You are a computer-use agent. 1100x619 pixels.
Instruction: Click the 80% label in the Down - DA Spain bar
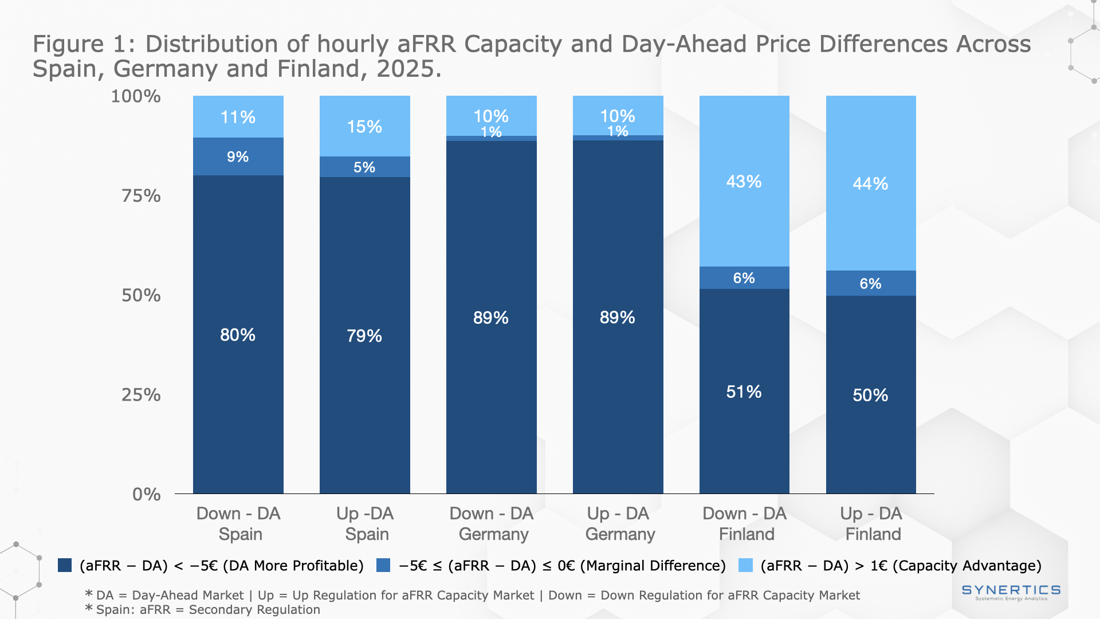[x=238, y=335]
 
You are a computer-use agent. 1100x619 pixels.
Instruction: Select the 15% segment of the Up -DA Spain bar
[x=364, y=127]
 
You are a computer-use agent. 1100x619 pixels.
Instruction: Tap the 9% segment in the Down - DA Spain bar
[x=238, y=156]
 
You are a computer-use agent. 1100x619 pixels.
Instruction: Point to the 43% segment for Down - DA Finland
[x=744, y=182]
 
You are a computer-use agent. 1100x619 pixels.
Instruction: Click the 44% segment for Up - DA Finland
[x=870, y=183]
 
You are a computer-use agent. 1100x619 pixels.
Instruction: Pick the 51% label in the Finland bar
[x=744, y=391]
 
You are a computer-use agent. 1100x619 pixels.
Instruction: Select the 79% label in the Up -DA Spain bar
[x=364, y=335]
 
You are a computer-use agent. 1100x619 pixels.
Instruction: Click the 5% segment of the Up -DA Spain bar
[x=364, y=167]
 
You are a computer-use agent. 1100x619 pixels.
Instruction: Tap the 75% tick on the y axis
[x=141, y=196]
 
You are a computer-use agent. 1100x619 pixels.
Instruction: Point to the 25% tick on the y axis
[x=141, y=395]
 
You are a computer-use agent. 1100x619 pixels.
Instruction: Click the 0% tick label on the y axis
[x=146, y=494]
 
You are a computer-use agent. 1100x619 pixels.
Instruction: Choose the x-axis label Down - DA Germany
[x=492, y=523]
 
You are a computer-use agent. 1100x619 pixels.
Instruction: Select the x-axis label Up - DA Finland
[x=871, y=523]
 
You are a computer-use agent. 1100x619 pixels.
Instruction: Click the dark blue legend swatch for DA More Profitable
[x=65, y=566]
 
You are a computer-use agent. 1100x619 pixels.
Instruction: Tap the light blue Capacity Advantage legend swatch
[x=745, y=566]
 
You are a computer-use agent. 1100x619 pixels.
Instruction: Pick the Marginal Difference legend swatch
[x=383, y=566]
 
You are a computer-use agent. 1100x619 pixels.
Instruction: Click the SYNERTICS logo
[x=1011, y=591]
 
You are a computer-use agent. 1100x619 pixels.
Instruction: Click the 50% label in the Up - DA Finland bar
[x=870, y=395]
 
